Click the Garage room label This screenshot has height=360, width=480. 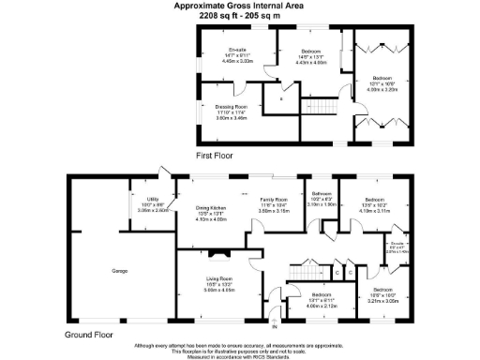tap(120, 271)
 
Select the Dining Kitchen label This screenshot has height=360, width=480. tap(211, 207)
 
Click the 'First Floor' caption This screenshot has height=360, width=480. tap(215, 154)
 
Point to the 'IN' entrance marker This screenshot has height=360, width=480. tap(275, 327)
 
